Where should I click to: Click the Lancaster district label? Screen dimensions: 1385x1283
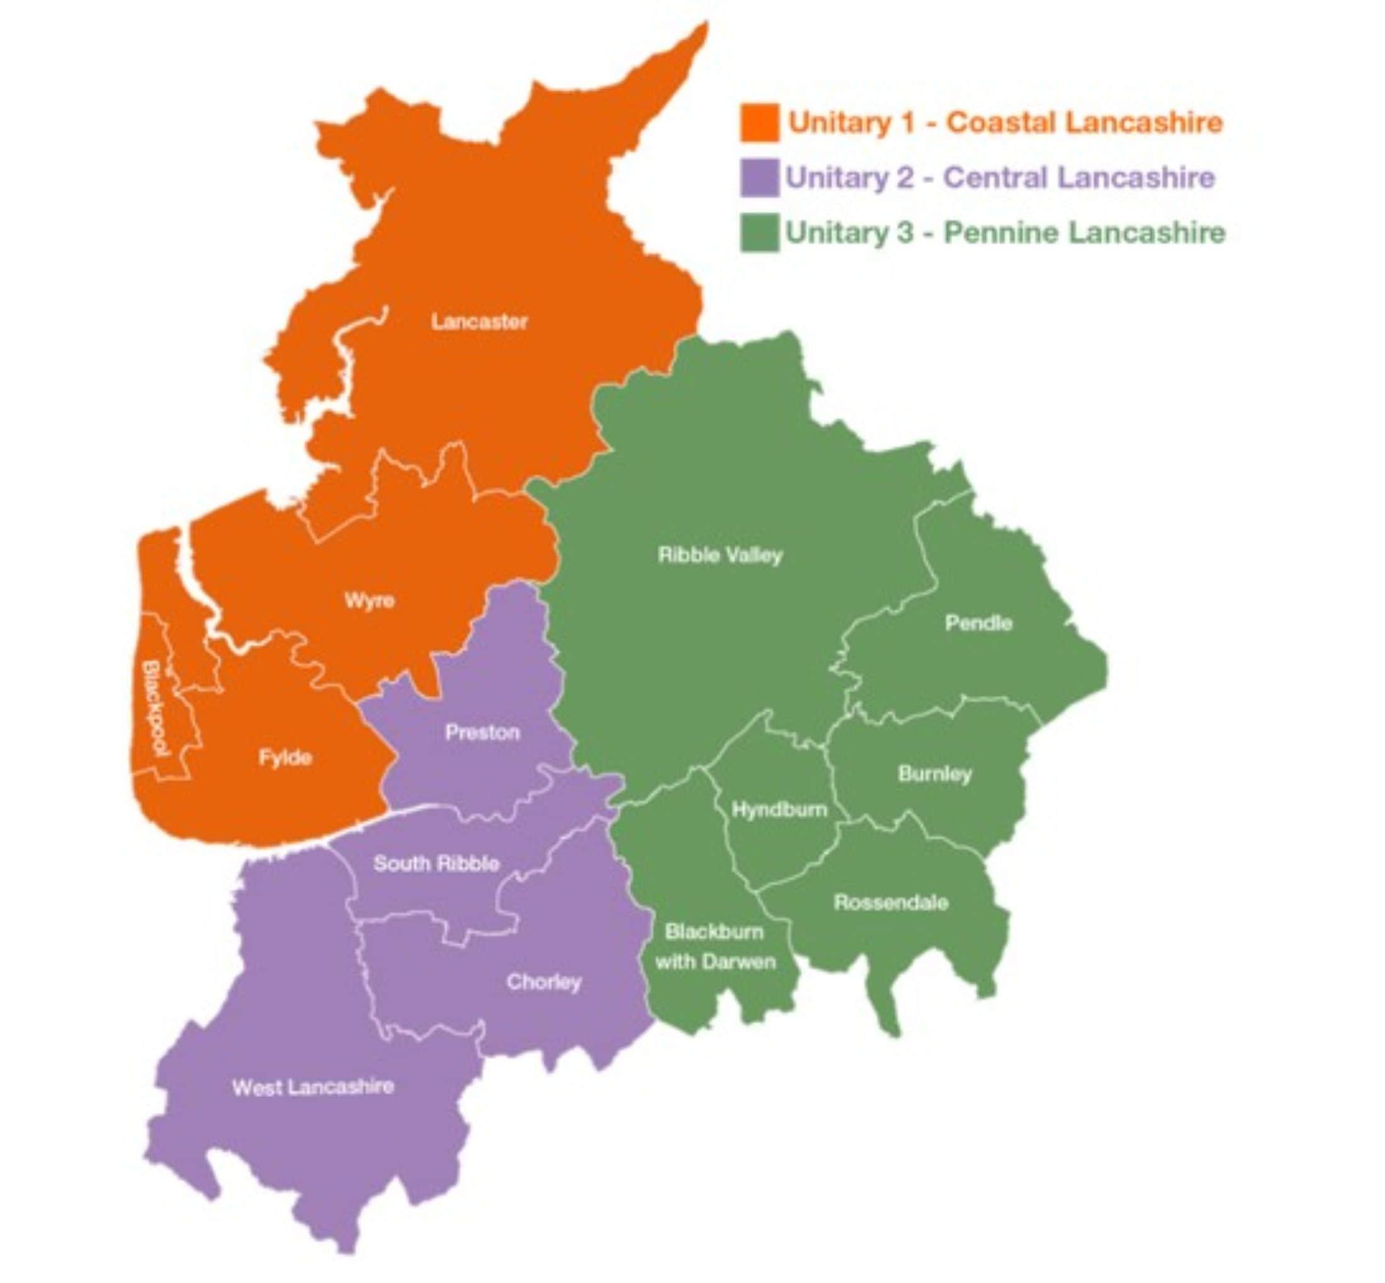[479, 322]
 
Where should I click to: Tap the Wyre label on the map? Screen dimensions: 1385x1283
[370, 601]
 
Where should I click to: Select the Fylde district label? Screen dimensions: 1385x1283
[285, 757]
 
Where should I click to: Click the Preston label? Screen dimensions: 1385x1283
[482, 732]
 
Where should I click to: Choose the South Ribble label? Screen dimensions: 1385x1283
[436, 864]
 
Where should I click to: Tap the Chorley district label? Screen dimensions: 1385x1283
[543, 982]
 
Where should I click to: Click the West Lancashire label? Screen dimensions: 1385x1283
[313, 1087]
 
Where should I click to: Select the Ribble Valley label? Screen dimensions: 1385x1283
[720, 555]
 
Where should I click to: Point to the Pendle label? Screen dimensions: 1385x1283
[978, 623]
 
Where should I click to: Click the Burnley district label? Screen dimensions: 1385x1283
[934, 774]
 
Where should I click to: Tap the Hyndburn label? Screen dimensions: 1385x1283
[779, 810]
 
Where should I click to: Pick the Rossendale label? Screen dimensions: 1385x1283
[891, 903]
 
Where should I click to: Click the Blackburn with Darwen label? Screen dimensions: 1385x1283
[715, 947]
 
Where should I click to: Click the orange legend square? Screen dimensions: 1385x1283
[759, 123]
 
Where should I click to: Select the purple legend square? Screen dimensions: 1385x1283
[759, 178]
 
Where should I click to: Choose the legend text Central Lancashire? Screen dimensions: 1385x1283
[1079, 178]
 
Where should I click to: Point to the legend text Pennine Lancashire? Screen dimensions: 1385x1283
[1085, 232]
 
